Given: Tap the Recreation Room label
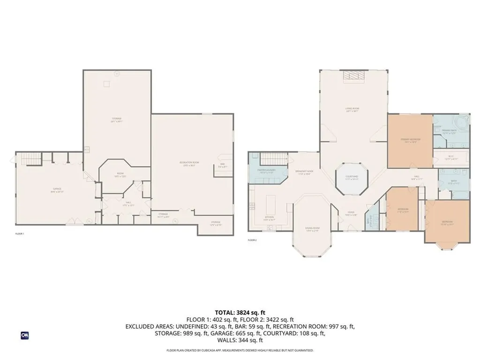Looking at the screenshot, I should pyautogui.click(x=189, y=164).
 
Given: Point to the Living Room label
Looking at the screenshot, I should pyautogui.click(x=352, y=110).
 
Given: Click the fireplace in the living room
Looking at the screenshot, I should pyautogui.click(x=352, y=76).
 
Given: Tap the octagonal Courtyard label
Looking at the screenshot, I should pyautogui.click(x=352, y=178).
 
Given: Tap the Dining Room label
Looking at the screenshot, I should pyautogui.click(x=312, y=229).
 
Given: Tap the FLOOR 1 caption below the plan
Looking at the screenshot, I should pyautogui.click(x=20, y=233).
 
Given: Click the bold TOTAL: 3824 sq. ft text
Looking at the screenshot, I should pyautogui.click(x=240, y=312).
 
